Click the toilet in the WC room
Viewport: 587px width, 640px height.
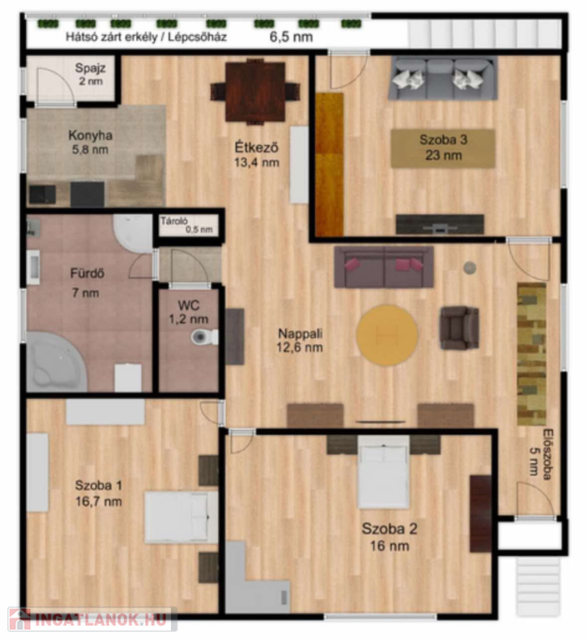pyautogui.click(x=204, y=337)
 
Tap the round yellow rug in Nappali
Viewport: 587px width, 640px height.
pyautogui.click(x=387, y=335)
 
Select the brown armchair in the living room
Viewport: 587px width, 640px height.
pyautogui.click(x=459, y=327)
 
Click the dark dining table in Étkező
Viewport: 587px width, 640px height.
pyautogui.click(x=255, y=92)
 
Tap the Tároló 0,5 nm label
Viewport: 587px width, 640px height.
pyautogui.click(x=186, y=225)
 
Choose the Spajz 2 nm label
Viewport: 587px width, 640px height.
pyautogui.click(x=90, y=74)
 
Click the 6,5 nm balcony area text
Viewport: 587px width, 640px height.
pyautogui.click(x=291, y=37)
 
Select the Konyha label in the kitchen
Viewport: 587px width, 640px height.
pyautogui.click(x=90, y=135)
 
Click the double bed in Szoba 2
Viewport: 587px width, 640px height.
pyautogui.click(x=384, y=472)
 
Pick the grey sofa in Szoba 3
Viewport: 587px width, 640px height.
pyautogui.click(x=443, y=78)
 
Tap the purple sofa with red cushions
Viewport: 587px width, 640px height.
pyautogui.click(x=384, y=267)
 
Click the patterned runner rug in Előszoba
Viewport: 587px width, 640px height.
pyautogui.click(x=532, y=353)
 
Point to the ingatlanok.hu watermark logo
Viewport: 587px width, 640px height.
pyautogui.click(x=93, y=619)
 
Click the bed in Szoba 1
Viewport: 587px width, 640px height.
pyautogui.click(x=182, y=517)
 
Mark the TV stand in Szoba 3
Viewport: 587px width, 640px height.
pyautogui.click(x=440, y=224)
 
